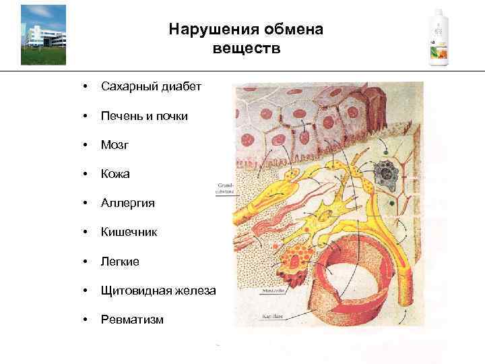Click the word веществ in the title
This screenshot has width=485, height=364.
tap(247, 49)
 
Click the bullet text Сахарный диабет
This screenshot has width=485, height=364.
tap(151, 87)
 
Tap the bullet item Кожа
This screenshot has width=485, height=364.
tap(115, 174)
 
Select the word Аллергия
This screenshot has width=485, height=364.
tap(128, 203)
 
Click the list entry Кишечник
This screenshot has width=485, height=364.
tap(129, 232)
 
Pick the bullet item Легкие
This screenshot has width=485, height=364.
tap(121, 261)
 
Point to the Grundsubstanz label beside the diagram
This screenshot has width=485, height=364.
tap(224, 187)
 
